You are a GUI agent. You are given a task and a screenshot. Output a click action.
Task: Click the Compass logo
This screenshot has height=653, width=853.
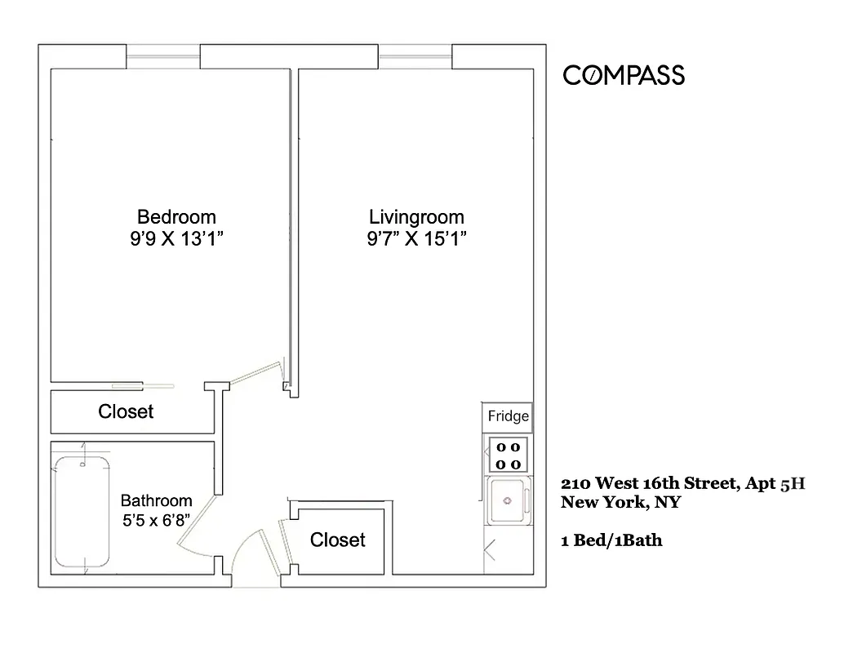624,76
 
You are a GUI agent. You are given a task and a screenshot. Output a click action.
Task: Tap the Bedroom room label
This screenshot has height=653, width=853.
176,217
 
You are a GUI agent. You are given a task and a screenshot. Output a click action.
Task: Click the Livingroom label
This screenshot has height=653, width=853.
416,217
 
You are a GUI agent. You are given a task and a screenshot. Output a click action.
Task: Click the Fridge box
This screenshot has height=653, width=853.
508,417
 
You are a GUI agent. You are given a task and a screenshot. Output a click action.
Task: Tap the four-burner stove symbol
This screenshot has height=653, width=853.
508,455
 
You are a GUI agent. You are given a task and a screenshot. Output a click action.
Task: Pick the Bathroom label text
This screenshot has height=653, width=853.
156,501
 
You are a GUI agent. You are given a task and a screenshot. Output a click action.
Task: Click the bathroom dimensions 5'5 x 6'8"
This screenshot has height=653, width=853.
156,520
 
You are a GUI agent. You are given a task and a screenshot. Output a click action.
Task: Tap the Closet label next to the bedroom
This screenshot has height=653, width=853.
126,411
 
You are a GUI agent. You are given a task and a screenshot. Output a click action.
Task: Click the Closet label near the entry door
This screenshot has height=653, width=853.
338,540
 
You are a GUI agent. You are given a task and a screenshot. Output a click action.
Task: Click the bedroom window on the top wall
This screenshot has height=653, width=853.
163,57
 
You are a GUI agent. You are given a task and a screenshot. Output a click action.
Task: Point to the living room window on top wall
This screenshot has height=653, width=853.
415,57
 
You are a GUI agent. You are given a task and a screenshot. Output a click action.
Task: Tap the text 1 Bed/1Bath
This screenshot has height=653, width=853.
611,540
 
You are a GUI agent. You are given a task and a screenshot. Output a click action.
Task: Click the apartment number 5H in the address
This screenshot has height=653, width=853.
793,483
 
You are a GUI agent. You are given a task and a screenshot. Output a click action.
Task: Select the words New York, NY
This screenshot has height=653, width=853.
620,503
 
